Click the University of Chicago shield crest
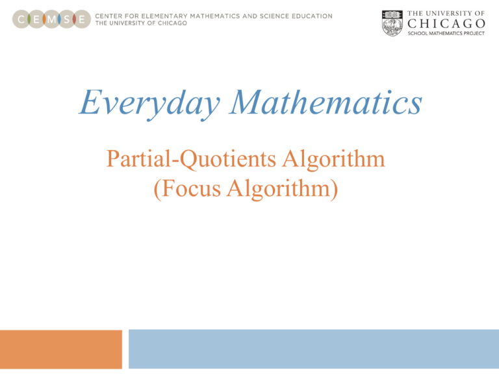(x=392, y=23)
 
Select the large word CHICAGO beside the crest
(x=446, y=23)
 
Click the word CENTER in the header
(x=110, y=16)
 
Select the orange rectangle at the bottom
(x=61, y=349)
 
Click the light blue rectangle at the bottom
(x=314, y=349)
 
